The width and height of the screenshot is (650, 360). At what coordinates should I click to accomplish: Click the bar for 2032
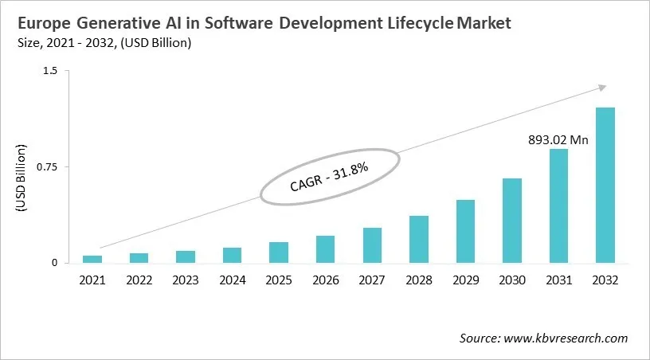click(605, 185)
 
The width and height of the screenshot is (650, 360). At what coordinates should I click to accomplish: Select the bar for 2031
click(558, 205)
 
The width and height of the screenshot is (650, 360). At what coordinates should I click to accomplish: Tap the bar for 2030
click(512, 221)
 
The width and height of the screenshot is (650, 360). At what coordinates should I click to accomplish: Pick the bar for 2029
click(465, 231)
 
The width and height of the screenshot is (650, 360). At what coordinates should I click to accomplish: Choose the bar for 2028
click(419, 239)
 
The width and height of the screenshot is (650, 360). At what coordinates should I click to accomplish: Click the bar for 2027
click(372, 245)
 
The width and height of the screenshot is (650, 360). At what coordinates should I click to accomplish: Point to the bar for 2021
click(92, 259)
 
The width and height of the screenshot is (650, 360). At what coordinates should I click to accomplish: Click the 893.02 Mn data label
click(558, 140)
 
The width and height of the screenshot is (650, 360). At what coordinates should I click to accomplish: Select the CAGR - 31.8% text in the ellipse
click(328, 177)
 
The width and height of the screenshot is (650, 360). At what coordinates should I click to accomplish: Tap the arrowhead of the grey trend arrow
click(603, 88)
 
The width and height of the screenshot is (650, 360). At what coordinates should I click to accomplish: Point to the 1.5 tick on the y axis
click(51, 71)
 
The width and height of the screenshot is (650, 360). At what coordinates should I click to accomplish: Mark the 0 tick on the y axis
click(55, 263)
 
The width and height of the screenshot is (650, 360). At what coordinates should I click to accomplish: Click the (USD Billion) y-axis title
click(22, 178)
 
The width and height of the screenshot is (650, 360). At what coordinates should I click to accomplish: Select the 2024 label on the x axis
click(232, 280)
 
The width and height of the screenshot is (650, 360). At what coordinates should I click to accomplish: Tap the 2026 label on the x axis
click(325, 280)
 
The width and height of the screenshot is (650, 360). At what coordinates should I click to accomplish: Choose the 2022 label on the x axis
click(139, 280)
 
